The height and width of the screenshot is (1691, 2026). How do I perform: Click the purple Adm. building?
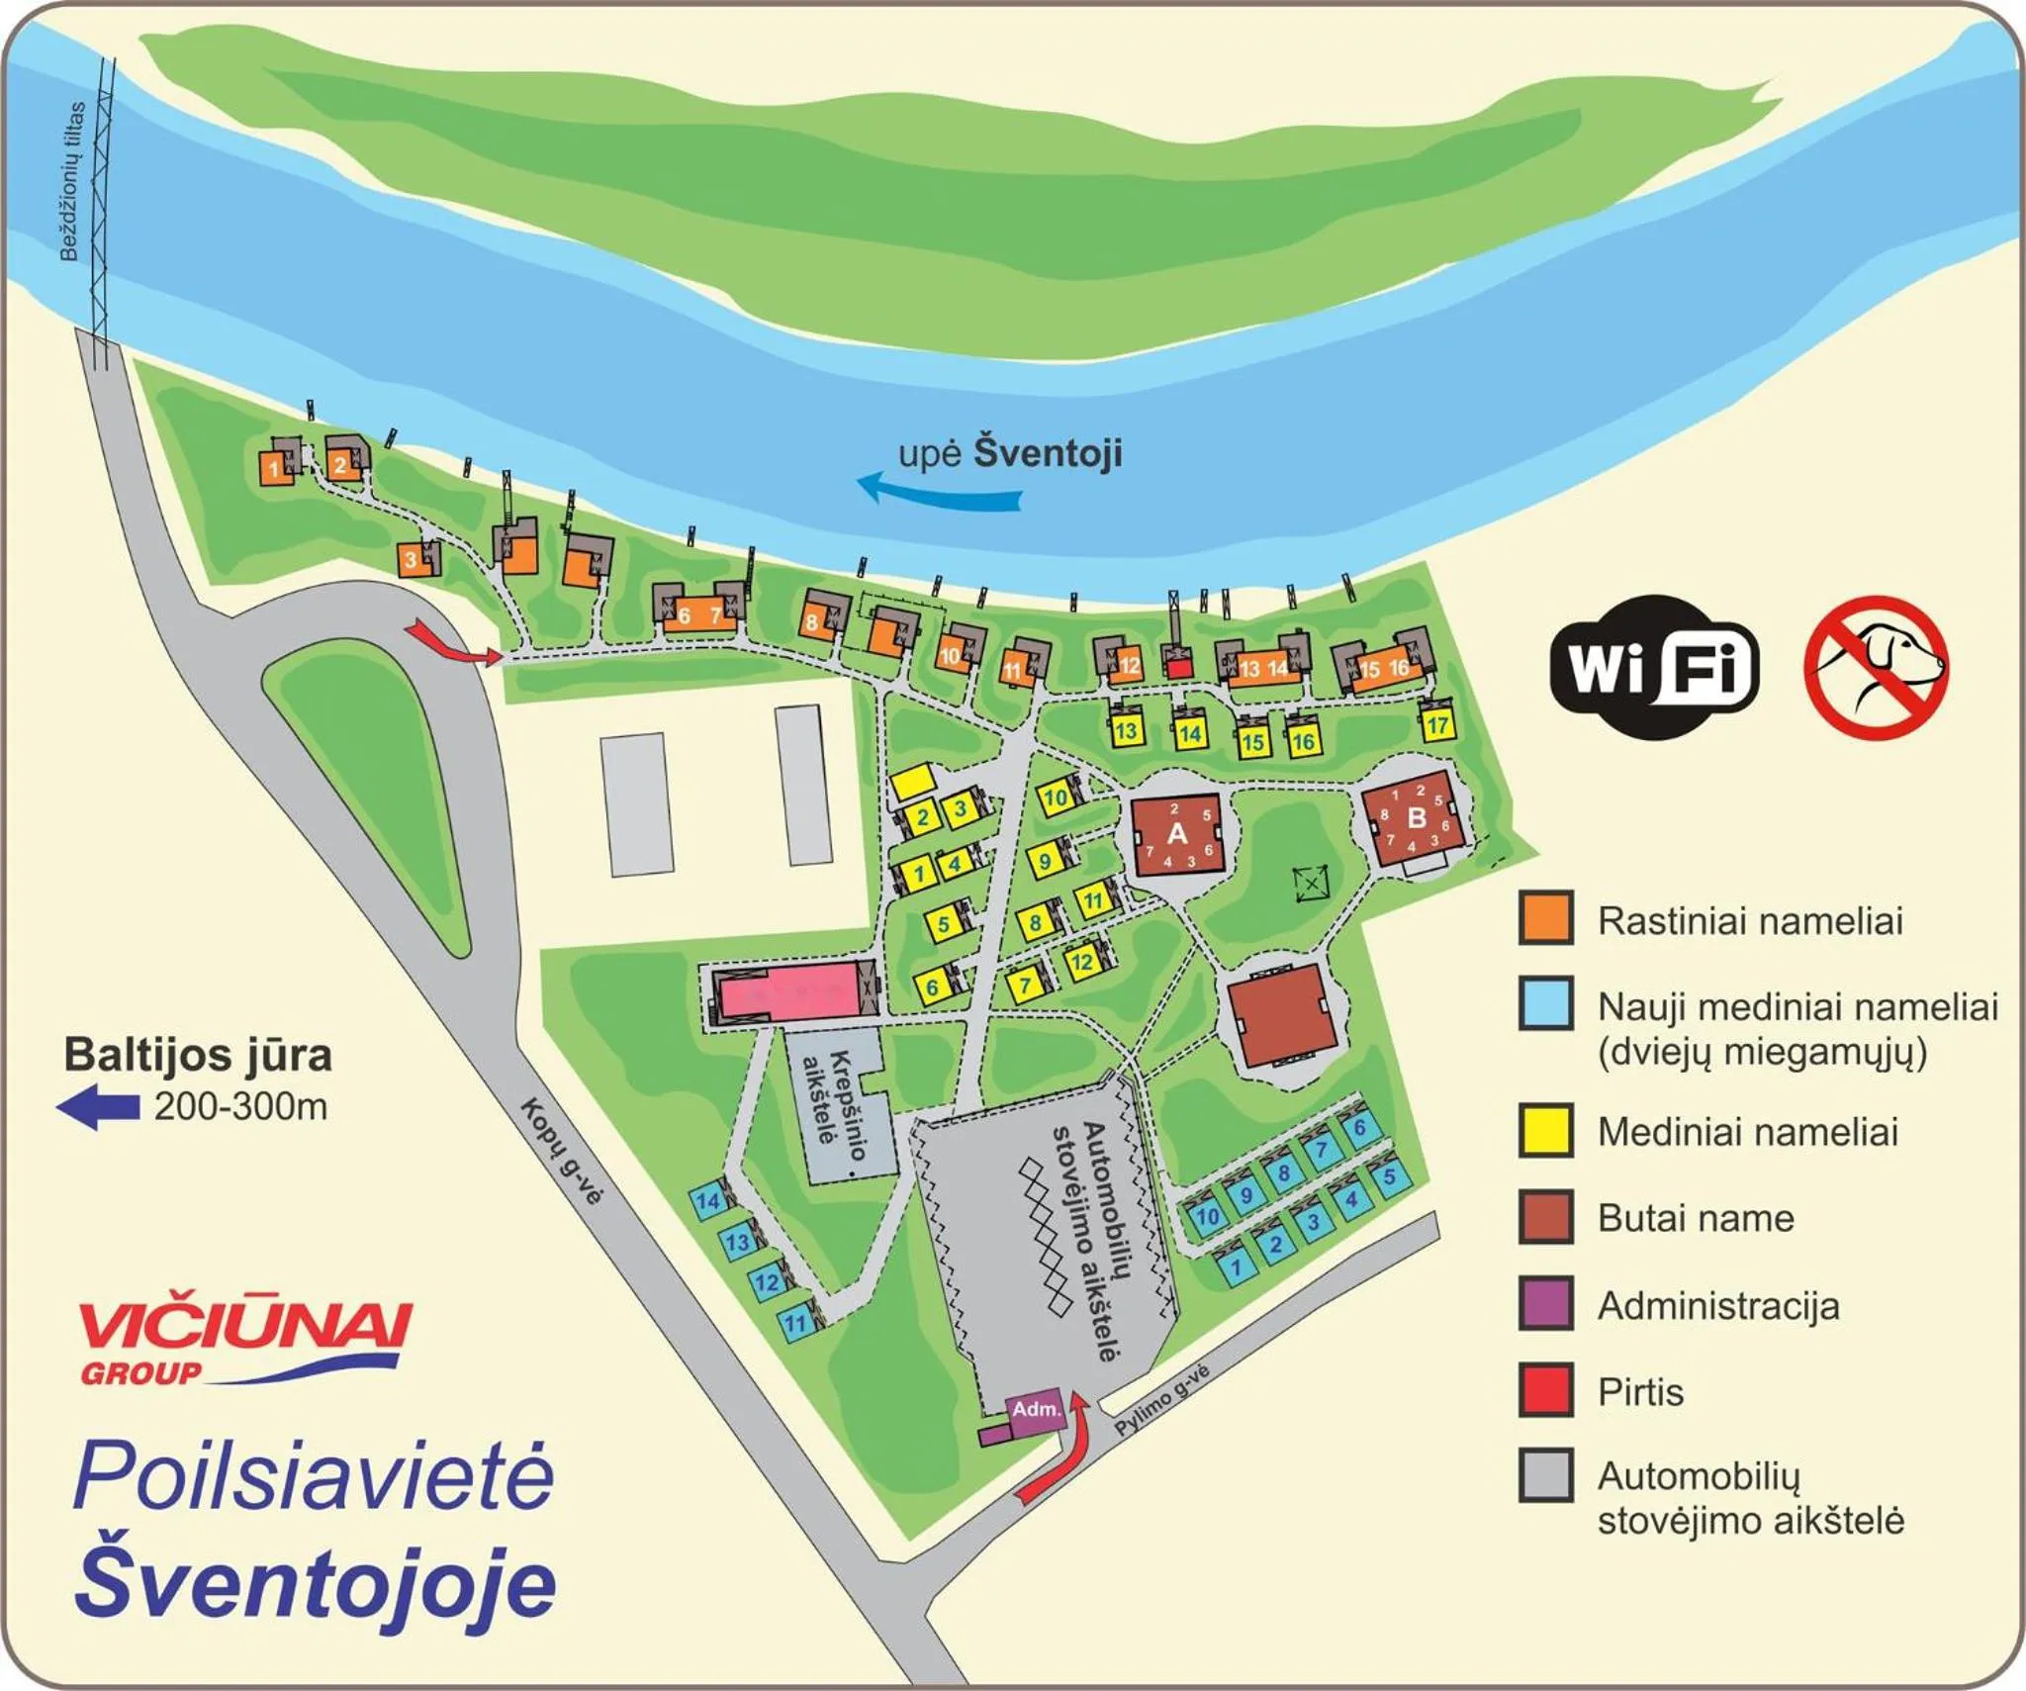[1035, 1408]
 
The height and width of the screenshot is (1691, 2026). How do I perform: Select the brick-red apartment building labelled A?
[1177, 833]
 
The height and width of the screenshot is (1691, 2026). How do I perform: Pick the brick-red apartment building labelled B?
[1415, 819]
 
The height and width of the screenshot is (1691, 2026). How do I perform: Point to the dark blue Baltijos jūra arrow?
[98, 1106]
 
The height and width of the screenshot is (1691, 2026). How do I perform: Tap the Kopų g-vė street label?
[561, 1151]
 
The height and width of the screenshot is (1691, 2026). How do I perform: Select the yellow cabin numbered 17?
[1437, 724]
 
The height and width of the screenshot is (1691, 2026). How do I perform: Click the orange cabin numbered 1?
[274, 468]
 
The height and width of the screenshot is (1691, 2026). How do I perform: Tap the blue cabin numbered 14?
[708, 1201]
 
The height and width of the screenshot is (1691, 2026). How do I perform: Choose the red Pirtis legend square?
[1546, 1390]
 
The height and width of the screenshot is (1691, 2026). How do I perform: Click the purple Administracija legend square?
[1546, 1304]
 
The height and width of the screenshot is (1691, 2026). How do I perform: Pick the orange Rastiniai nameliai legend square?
[1546, 918]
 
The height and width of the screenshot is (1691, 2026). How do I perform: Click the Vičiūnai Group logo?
[242, 1339]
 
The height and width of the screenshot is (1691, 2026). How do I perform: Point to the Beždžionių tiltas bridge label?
[71, 181]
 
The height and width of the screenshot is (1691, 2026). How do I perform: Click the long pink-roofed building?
[787, 991]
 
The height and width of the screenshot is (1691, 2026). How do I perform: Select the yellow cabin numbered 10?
[1057, 797]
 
